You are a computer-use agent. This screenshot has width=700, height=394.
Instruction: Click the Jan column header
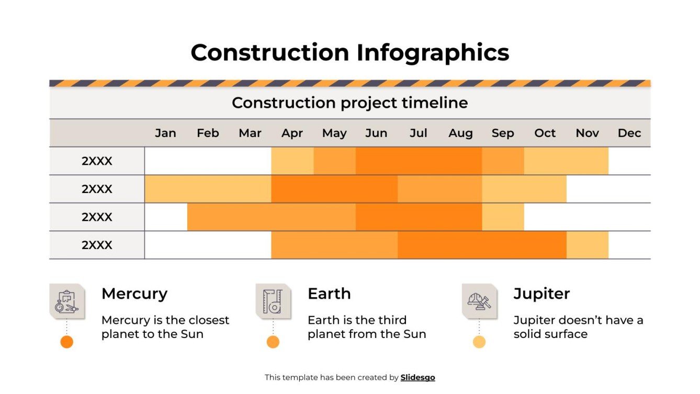(165, 133)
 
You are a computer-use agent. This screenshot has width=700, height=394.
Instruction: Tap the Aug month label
(460, 133)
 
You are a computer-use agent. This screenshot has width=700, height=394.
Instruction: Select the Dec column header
(629, 133)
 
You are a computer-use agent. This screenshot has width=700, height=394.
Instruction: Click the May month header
(334, 133)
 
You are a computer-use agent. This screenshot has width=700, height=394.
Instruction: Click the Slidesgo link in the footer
(417, 377)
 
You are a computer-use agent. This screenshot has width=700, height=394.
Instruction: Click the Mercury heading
(134, 294)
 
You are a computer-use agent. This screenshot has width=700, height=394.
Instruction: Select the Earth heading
(329, 294)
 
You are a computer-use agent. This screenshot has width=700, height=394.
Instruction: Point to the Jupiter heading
(541, 294)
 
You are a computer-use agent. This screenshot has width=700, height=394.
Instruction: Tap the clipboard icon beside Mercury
(67, 301)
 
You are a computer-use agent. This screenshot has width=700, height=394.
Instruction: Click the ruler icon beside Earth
(273, 301)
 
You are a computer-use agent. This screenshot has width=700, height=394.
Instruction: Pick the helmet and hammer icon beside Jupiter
(479, 301)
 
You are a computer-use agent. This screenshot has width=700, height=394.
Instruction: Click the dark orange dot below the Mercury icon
(66, 342)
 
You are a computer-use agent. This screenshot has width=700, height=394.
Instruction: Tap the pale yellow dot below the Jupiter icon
(479, 342)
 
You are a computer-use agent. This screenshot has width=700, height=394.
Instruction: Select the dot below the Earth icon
(273, 342)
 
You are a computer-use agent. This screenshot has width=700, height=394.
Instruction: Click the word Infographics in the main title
(433, 52)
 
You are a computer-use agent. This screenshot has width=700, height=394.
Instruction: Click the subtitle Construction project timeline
(349, 103)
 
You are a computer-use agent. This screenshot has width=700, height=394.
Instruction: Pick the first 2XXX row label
(97, 161)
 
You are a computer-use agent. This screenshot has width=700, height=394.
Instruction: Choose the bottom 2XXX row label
(97, 245)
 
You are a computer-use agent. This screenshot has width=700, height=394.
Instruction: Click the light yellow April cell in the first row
(292, 161)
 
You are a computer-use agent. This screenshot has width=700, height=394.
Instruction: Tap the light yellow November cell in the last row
(587, 245)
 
